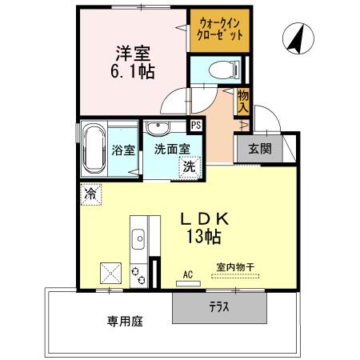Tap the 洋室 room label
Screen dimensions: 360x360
pos(133,54)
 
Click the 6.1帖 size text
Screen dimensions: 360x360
pos(133,71)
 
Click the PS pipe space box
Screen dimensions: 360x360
pos(195,125)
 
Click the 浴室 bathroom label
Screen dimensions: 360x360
pos(123,149)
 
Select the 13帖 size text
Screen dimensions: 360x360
pos(205,237)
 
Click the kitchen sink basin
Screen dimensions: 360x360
pos(138,237)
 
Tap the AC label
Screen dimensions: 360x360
pos(188,274)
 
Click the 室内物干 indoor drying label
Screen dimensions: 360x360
pos(235,267)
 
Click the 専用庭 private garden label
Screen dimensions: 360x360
pos(126,322)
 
